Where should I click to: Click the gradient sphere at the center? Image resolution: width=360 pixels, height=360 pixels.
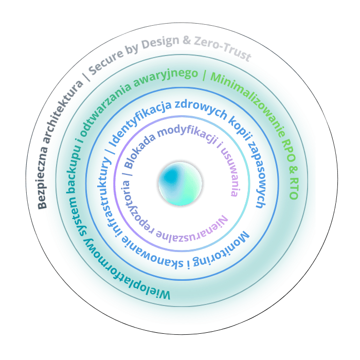(x=180, y=184)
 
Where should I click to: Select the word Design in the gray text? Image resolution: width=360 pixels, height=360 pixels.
(x=160, y=43)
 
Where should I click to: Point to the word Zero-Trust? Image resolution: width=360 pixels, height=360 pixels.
(x=223, y=49)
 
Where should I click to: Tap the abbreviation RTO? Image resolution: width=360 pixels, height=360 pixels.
(x=294, y=189)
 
